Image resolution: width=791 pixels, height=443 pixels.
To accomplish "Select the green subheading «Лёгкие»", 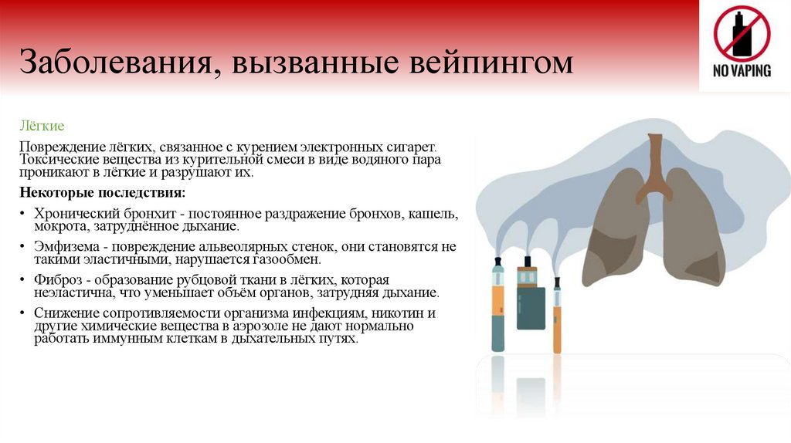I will pyautogui.click(x=42, y=125).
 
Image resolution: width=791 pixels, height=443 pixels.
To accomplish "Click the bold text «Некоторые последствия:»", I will pyautogui.click(x=102, y=191).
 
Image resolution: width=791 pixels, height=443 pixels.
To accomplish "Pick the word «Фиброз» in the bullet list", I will pyautogui.click(x=55, y=279).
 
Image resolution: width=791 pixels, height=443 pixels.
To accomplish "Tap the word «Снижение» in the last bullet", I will pyautogui.click(x=62, y=313).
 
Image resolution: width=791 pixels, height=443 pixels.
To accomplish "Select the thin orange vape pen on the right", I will pyautogui.click(x=557, y=316).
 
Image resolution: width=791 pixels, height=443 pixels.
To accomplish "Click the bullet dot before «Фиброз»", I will pyautogui.click(x=24, y=279).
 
